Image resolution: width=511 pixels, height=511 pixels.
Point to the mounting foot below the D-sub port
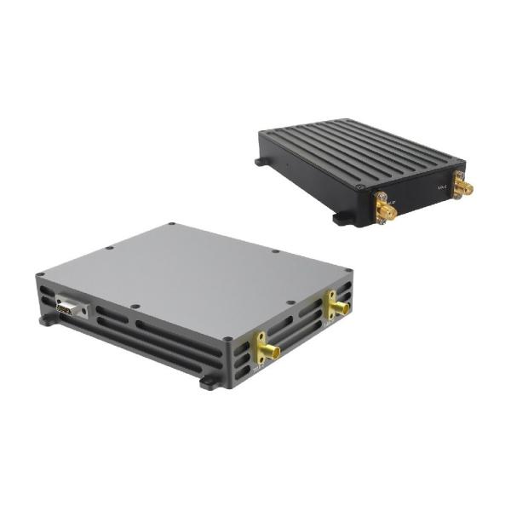(x=44, y=323)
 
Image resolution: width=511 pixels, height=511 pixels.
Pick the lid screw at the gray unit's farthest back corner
(x=172, y=225)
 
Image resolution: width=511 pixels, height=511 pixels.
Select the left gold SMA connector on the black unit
(x=385, y=210)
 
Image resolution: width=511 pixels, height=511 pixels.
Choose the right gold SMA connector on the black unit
(x=463, y=185)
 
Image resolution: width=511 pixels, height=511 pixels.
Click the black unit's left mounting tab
(x=257, y=161)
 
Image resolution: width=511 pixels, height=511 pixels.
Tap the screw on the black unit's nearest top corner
(x=361, y=187)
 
